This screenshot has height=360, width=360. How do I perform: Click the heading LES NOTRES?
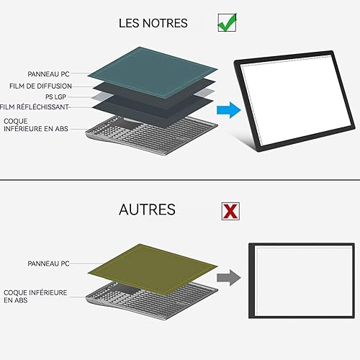(153, 23)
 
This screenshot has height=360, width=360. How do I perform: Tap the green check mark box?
(227, 22)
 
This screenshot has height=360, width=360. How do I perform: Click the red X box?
(230, 211)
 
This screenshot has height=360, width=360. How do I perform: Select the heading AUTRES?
(147, 210)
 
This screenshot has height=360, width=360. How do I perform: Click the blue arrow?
(229, 110)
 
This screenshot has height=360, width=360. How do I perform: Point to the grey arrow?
(229, 278)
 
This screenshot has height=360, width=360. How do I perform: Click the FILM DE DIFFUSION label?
(40, 86)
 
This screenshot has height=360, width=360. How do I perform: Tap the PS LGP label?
(55, 96)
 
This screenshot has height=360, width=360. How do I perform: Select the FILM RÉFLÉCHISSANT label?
(35, 107)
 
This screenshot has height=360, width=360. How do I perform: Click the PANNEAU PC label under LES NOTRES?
(48, 74)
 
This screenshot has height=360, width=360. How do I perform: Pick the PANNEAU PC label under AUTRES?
(48, 264)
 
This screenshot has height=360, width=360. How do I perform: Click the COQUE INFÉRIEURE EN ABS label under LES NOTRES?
(36, 125)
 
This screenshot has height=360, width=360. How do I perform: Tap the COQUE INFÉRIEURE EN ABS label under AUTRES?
(35, 296)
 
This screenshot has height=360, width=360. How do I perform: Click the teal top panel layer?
(153, 73)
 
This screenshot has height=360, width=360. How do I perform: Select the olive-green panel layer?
(153, 269)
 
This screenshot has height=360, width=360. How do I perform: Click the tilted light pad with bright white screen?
(294, 101)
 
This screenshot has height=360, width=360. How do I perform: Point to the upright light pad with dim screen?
(302, 281)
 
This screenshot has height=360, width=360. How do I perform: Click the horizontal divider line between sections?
(180, 179)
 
